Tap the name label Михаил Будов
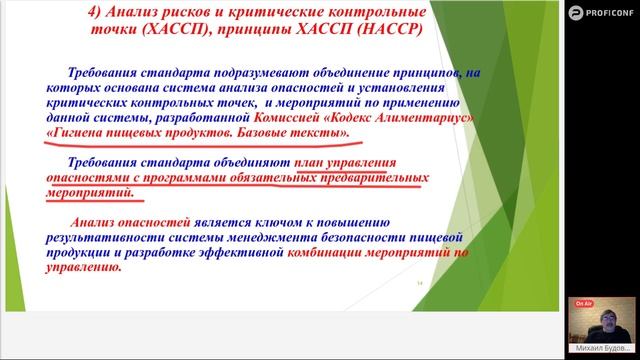[x=604, y=346]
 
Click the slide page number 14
[x=419, y=283]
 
